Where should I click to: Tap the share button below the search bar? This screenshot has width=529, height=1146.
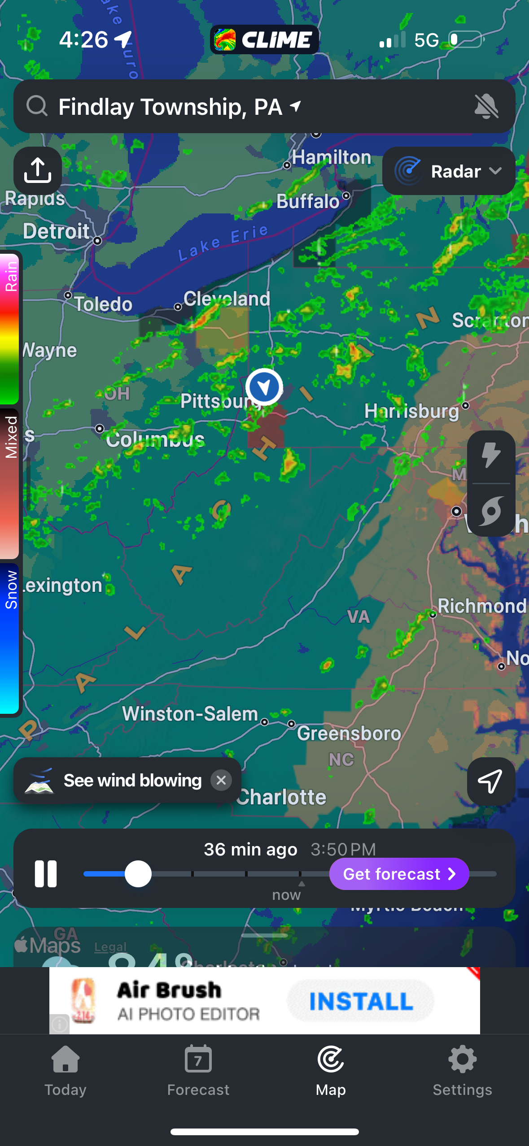click(38, 171)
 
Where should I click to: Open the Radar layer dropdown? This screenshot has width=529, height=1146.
click(449, 171)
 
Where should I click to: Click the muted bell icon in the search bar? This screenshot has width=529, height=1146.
click(486, 107)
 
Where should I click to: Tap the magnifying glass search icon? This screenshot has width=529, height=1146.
click(37, 106)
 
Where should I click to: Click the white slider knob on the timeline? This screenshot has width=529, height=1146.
click(138, 873)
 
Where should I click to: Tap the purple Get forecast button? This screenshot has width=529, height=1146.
click(399, 873)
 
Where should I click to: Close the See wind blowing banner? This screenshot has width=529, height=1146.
click(221, 780)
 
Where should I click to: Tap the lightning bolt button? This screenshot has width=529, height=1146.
click(491, 456)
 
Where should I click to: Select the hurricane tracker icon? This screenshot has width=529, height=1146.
click(491, 510)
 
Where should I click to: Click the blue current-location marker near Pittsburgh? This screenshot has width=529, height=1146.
click(264, 386)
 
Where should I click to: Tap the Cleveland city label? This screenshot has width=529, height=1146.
click(227, 299)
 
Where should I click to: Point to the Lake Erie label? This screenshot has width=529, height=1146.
click(223, 243)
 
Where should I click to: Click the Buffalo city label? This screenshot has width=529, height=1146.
click(308, 201)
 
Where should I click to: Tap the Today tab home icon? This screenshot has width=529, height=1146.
click(66, 1060)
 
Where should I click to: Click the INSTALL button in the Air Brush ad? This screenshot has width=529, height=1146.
click(361, 1001)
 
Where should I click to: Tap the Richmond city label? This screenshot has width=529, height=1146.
click(481, 606)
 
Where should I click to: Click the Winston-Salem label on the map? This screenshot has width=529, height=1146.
click(190, 714)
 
